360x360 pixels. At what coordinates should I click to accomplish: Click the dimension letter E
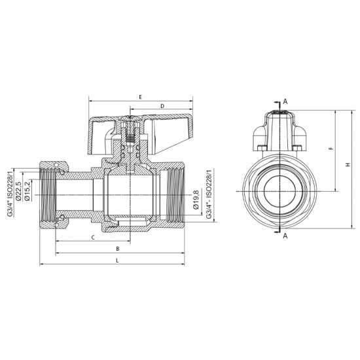coord(140,96)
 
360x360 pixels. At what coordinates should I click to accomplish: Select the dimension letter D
coord(161,105)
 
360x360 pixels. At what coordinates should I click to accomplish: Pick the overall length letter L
coord(117,261)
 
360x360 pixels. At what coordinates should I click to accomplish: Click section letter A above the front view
coord(285,101)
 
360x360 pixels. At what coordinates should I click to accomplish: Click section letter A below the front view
coord(285,238)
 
